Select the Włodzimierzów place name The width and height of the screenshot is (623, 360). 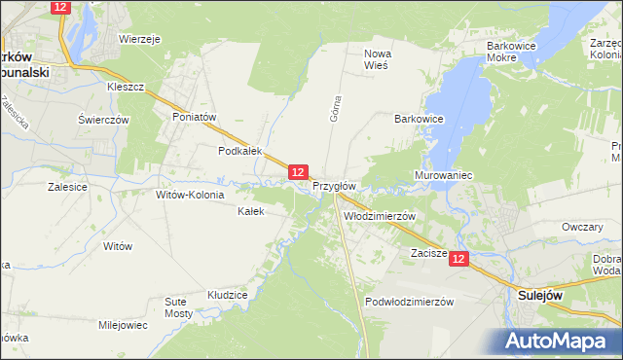[380, 216]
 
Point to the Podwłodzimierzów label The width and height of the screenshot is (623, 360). [410, 302]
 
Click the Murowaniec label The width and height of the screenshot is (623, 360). [443, 175]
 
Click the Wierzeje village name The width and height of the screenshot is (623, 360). [139, 40]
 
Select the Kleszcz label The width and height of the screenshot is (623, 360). [126, 87]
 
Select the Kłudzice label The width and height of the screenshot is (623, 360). [228, 294]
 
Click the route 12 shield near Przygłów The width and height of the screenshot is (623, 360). [299, 171]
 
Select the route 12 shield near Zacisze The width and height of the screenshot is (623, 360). [459, 259]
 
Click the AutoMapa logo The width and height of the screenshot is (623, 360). [559, 342]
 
